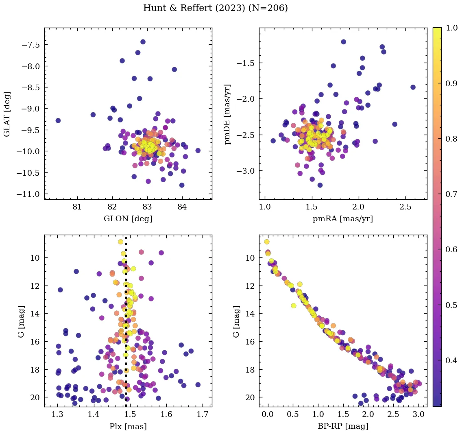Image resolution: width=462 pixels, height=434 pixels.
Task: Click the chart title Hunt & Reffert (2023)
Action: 194,8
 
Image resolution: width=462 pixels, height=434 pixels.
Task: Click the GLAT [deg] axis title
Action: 7,114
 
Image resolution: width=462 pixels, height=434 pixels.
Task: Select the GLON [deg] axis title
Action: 128,218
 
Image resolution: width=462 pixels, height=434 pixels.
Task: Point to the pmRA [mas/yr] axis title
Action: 343,218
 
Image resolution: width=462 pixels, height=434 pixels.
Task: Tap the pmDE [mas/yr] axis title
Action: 227,114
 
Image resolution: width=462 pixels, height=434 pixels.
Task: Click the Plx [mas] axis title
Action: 128,426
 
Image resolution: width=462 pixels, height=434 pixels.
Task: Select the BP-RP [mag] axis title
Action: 343,426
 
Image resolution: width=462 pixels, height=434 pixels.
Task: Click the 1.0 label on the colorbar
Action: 451,28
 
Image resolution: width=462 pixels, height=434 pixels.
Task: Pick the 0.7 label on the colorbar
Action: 451,194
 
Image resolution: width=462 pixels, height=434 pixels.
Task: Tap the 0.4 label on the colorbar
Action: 451,360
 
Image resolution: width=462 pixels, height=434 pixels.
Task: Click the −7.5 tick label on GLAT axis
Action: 31,45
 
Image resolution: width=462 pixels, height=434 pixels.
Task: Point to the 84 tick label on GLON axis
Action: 182,207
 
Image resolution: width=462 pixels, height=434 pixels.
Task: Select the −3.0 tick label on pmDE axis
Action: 246,171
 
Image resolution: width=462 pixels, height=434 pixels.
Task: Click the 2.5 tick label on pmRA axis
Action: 405,207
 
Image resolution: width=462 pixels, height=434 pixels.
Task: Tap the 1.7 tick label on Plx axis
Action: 203,414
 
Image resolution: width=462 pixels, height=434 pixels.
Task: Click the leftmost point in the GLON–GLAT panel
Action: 58,120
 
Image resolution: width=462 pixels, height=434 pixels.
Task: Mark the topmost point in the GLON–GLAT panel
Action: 143,42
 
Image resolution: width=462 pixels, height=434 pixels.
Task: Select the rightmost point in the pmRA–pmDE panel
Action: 413,87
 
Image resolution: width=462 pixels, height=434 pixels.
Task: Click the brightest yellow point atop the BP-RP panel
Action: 267,242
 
